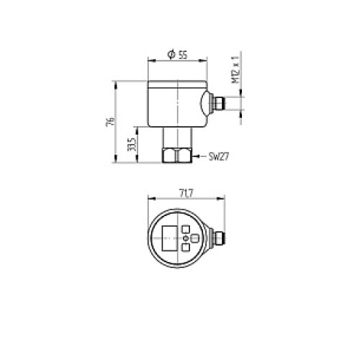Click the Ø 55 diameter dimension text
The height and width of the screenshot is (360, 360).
click(x=177, y=55)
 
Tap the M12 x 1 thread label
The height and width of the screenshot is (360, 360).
click(x=235, y=70)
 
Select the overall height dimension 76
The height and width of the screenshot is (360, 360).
click(x=109, y=122)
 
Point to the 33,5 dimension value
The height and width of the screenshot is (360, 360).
click(x=132, y=144)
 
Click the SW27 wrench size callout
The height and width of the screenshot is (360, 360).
click(x=219, y=157)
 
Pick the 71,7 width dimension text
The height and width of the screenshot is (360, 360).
click(x=186, y=194)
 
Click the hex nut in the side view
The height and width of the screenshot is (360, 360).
click(x=177, y=156)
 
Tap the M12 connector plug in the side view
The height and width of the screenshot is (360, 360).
click(x=219, y=103)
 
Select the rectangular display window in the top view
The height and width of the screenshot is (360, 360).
click(x=170, y=238)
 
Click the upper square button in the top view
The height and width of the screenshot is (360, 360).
click(x=186, y=229)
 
